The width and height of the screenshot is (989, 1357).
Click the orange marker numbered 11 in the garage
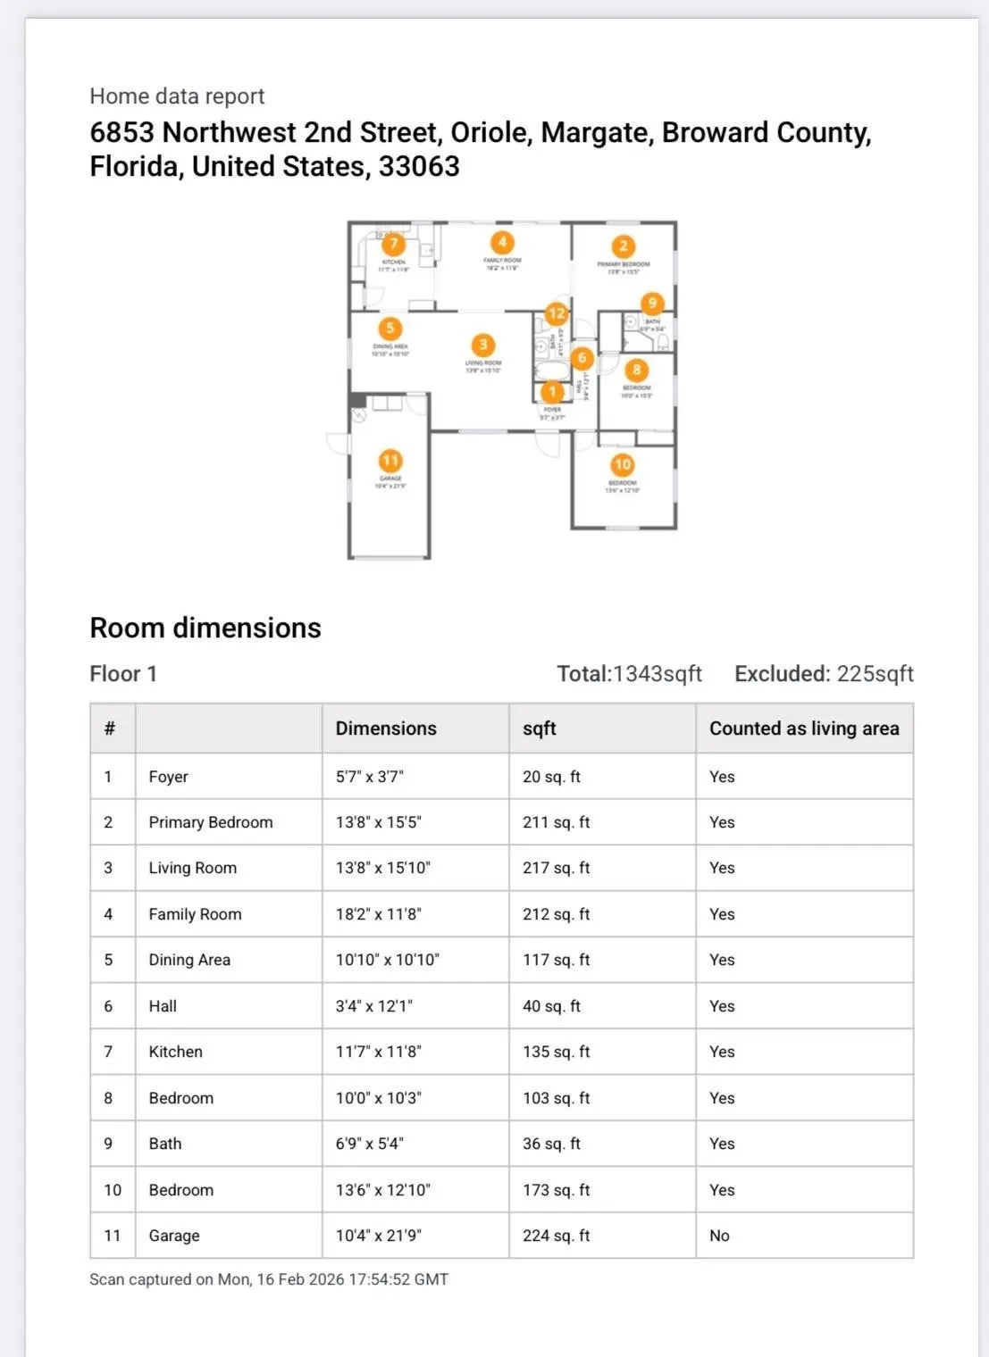click(390, 461)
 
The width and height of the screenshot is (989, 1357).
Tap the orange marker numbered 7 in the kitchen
click(393, 244)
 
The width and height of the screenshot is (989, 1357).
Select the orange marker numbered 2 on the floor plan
click(623, 246)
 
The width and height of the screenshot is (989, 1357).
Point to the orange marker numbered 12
click(557, 313)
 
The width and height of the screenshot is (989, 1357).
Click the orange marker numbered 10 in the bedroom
click(623, 464)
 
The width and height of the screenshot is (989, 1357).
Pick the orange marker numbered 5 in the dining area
click(390, 329)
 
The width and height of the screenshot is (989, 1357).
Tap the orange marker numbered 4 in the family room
click(502, 242)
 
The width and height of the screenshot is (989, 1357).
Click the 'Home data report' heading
click(177, 96)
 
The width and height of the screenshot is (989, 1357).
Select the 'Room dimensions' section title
click(205, 628)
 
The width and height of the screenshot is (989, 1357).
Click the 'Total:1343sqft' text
click(629, 674)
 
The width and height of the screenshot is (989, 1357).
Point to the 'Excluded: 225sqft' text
click(824, 674)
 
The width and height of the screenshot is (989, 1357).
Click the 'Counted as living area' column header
click(804, 728)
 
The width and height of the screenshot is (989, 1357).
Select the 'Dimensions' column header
click(386, 728)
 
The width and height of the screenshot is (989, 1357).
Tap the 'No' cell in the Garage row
click(719, 1236)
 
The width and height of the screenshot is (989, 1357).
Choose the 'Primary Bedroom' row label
click(211, 822)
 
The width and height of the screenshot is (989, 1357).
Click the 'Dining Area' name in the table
click(189, 960)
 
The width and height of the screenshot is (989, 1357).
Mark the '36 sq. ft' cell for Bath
click(551, 1144)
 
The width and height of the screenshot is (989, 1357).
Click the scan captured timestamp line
click(269, 1279)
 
